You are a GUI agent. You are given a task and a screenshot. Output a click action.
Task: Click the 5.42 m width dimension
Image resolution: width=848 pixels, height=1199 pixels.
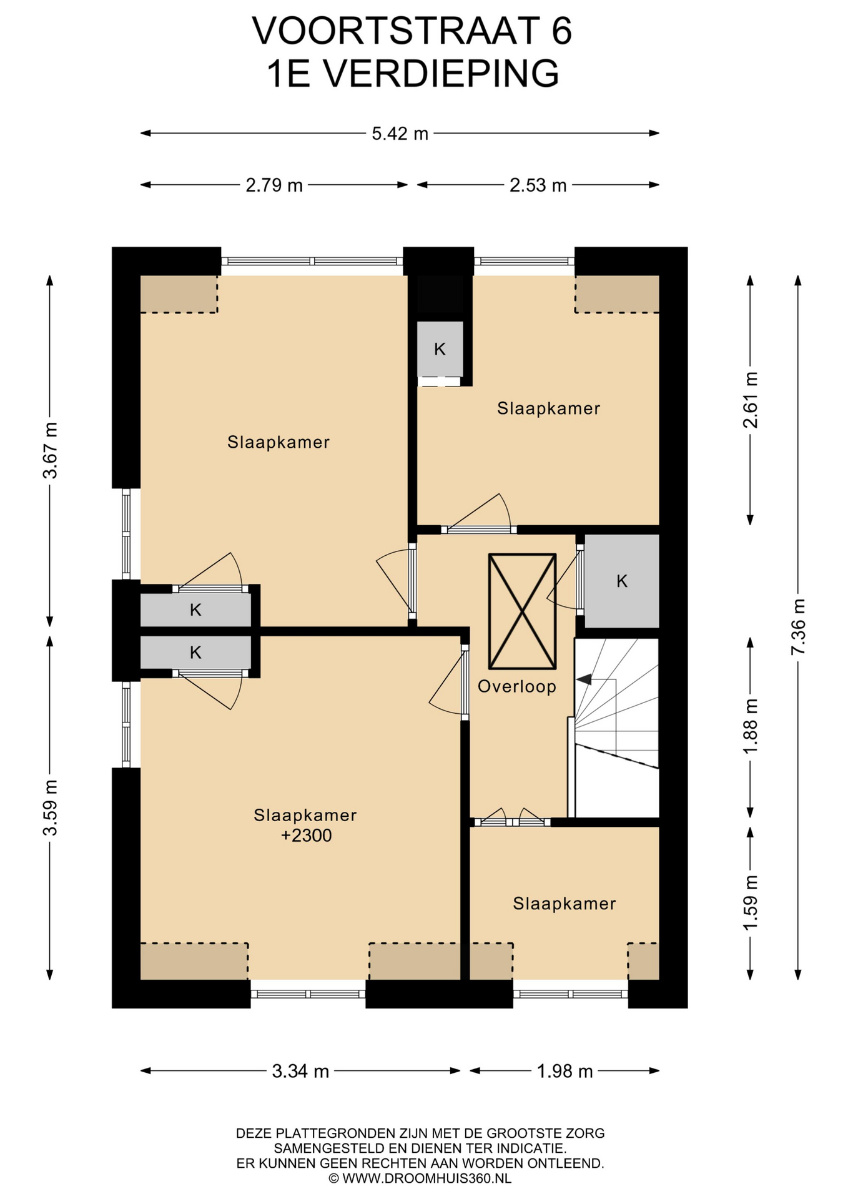[x=400, y=134]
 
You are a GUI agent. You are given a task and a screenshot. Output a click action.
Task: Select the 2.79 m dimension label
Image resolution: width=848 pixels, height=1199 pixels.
[x=274, y=185]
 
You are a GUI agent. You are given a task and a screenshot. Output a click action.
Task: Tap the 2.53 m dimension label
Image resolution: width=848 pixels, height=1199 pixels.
[x=538, y=185]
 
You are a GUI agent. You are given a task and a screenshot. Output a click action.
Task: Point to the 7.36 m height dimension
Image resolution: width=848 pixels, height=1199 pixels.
[x=798, y=627]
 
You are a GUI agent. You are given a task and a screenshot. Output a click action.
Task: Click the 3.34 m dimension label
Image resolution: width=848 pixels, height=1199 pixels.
[x=300, y=1071]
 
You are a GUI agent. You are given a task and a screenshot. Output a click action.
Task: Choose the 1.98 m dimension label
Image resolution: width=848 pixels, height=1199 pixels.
[x=565, y=1071]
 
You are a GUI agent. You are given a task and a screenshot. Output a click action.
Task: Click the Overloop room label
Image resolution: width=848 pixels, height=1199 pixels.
[x=517, y=687]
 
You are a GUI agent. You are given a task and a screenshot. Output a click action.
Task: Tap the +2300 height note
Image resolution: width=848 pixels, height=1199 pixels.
[x=306, y=836]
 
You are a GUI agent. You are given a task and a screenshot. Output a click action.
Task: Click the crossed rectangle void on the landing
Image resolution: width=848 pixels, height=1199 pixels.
[x=522, y=611]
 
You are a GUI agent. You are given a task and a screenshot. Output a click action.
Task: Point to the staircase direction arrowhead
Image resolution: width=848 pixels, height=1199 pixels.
[x=583, y=679]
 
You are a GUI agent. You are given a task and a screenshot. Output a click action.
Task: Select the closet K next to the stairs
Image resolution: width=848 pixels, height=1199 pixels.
[x=622, y=581]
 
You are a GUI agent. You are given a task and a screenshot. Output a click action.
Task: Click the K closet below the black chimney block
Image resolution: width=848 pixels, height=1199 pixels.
[x=440, y=350]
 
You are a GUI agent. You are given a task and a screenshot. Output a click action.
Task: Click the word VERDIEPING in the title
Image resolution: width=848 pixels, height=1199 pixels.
[x=440, y=74]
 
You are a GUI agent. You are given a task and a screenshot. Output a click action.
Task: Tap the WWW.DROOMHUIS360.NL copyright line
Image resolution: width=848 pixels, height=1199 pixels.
[x=420, y=1178]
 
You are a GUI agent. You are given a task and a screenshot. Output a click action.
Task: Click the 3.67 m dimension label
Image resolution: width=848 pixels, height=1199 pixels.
[x=50, y=450]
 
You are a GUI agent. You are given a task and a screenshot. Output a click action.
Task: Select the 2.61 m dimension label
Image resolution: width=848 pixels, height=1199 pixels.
[x=750, y=400]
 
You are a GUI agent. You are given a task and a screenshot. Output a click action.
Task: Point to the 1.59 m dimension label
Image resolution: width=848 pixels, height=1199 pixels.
[x=750, y=902]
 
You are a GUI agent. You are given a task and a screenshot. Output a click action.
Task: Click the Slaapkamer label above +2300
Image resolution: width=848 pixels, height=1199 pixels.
[x=305, y=815]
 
